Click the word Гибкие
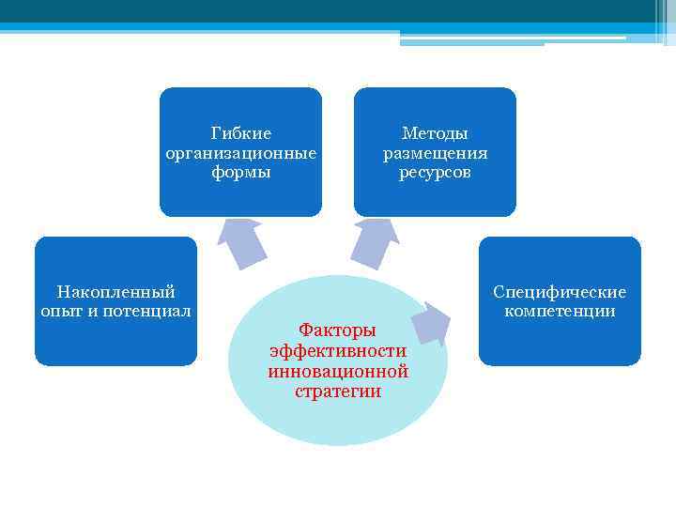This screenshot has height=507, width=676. click(241, 133)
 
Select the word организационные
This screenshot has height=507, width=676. click(241, 153)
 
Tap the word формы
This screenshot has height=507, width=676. click(241, 173)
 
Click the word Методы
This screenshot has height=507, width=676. click(435, 133)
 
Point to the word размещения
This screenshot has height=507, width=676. click(435, 153)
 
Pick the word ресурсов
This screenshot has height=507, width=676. click(435, 173)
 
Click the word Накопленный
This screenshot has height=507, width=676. click(116, 292)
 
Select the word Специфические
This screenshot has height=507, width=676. click(560, 292)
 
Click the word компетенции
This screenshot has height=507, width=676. click(560, 311)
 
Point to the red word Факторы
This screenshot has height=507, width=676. click(337, 330)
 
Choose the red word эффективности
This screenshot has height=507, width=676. click(337, 351)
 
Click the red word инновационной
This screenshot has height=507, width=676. click(337, 371)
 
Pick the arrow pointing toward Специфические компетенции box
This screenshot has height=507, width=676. click(431, 322)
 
